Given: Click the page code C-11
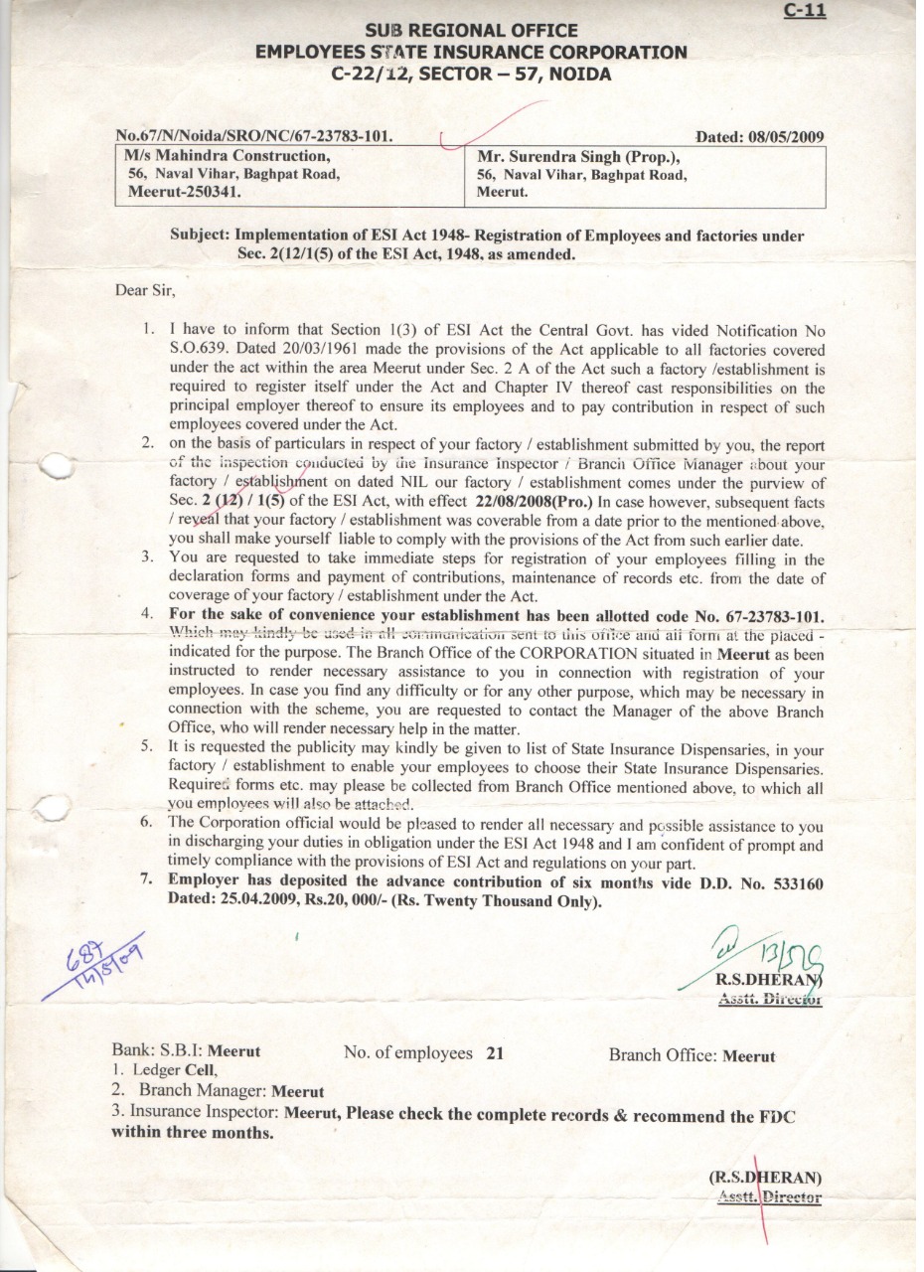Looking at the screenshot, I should coord(805,11).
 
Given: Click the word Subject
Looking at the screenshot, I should coord(202,237).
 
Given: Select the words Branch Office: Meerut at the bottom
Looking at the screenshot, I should coord(692,1055).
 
